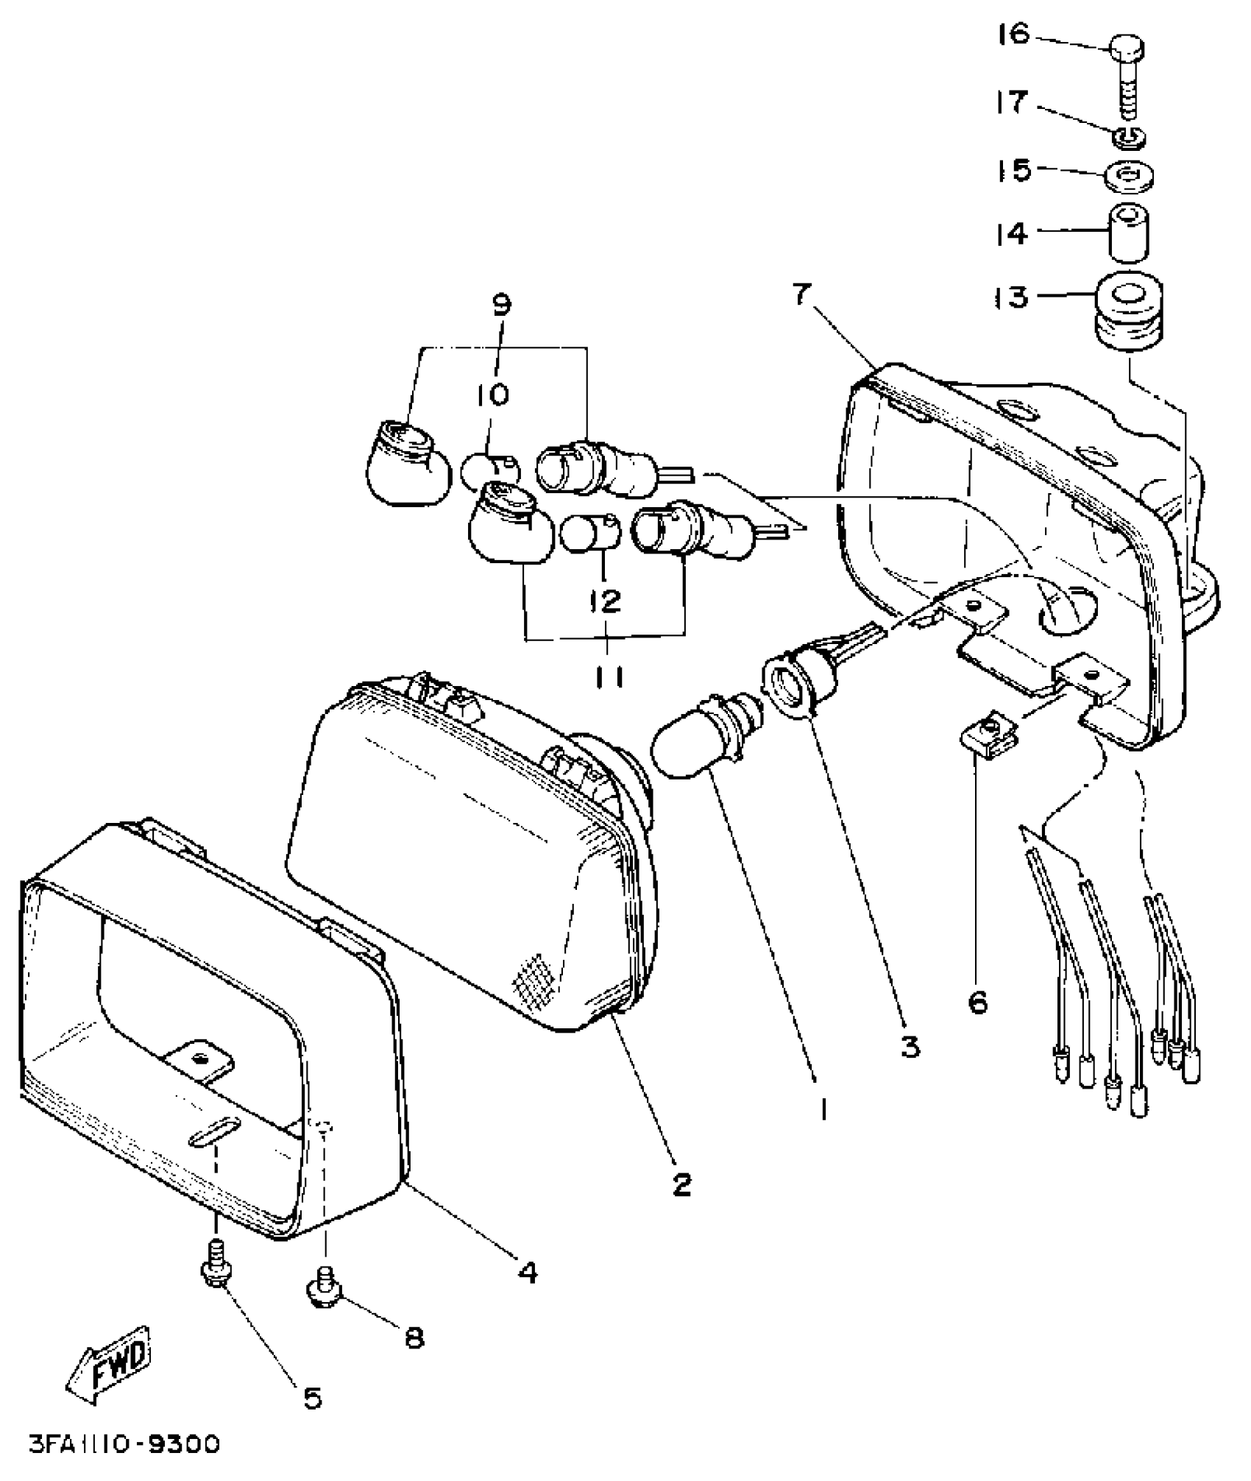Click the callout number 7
(802, 294)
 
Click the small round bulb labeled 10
(491, 470)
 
